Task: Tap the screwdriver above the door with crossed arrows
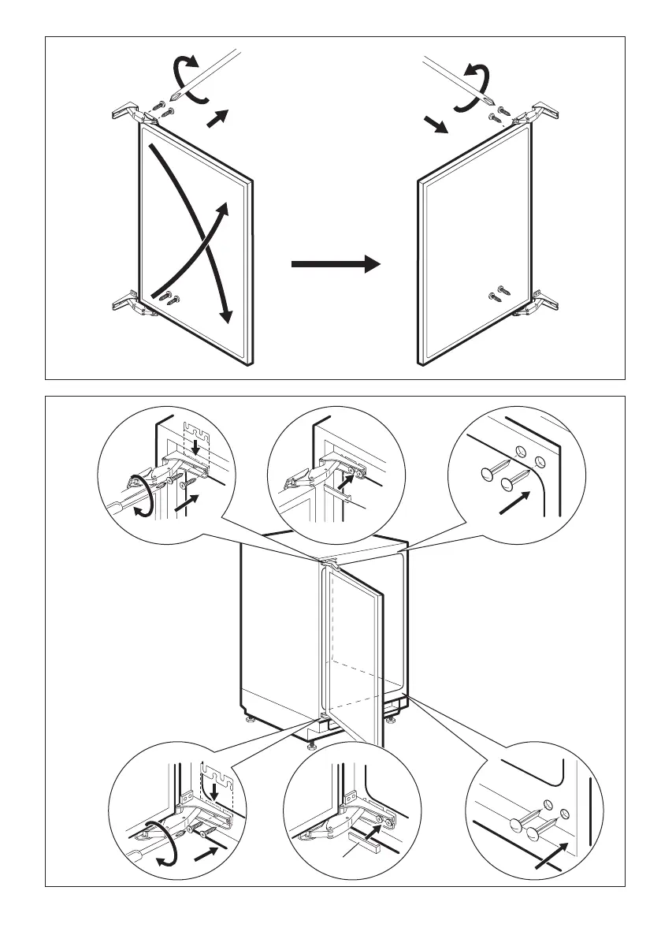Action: [209, 75]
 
